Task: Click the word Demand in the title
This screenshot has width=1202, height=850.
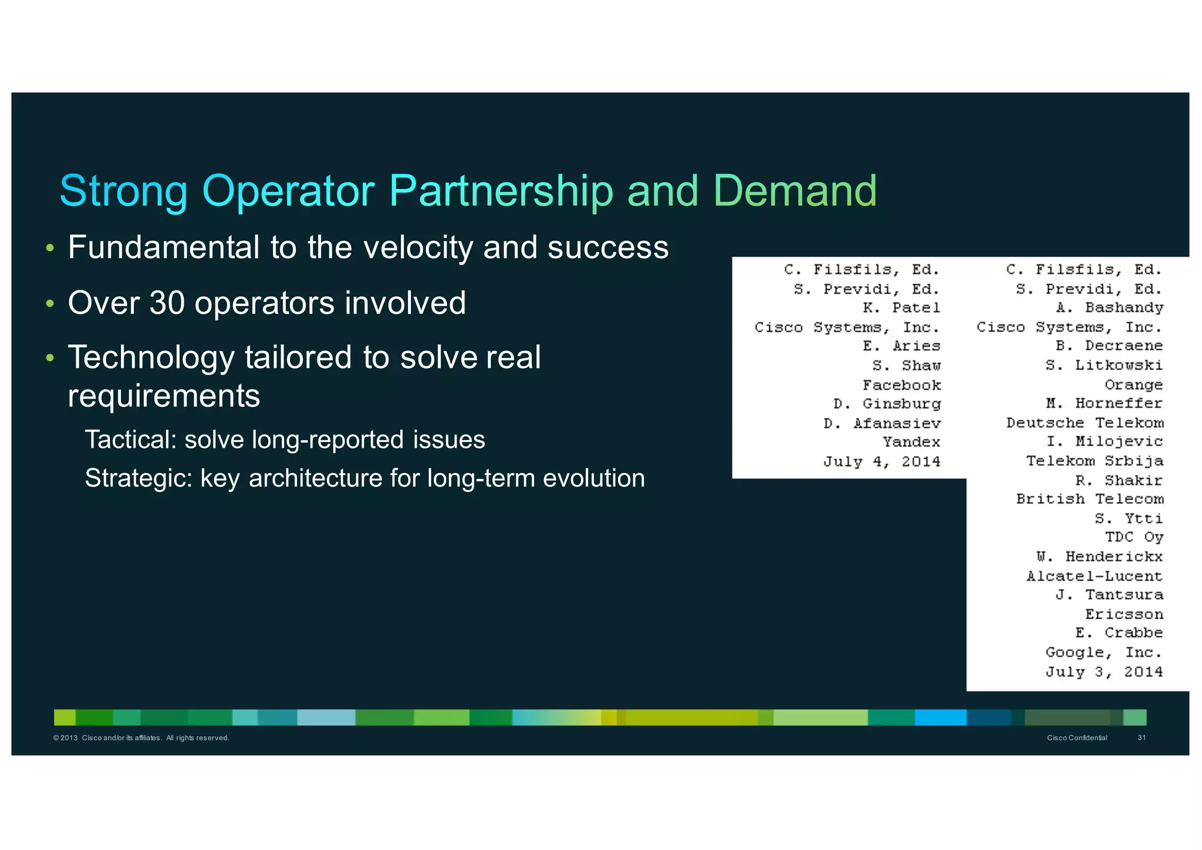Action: click(x=795, y=191)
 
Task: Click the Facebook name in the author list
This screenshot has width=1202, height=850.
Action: click(x=901, y=385)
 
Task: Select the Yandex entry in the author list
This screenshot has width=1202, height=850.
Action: click(x=911, y=442)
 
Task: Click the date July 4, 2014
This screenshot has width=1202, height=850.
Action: click(x=881, y=461)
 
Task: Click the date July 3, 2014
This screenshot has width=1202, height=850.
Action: click(x=1103, y=672)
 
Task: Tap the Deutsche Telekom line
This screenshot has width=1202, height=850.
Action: click(x=1085, y=423)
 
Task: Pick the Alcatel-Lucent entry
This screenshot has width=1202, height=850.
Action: click(x=1094, y=576)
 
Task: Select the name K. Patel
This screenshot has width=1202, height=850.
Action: click(x=901, y=308)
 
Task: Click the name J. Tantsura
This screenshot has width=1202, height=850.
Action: click(x=1109, y=595)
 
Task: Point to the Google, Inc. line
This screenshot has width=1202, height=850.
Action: click(x=1103, y=652)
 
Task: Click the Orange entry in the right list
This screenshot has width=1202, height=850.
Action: click(x=1133, y=385)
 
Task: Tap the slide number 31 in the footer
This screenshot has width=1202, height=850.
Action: click(x=1142, y=738)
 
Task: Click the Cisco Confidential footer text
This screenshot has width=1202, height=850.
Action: click(x=1077, y=738)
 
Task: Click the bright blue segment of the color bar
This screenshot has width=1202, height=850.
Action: click(x=940, y=717)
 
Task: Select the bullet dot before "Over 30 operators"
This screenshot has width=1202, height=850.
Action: click(x=50, y=304)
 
